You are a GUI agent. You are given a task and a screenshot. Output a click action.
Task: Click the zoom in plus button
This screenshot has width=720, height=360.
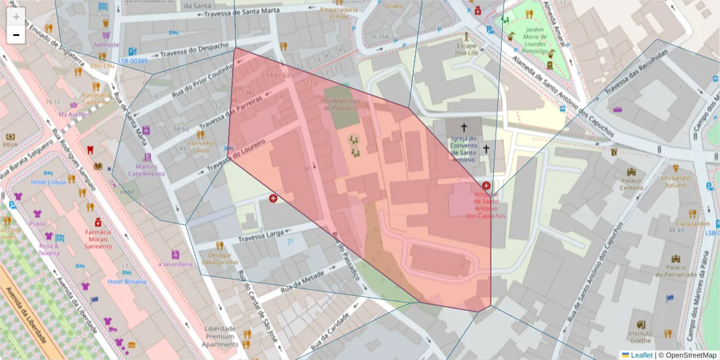16,17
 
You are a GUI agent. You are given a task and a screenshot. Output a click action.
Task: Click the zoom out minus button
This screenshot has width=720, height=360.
16,35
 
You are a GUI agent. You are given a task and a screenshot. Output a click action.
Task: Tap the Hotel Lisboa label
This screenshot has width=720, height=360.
48,182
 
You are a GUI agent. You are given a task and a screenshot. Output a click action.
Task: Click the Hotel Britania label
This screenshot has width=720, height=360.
127,281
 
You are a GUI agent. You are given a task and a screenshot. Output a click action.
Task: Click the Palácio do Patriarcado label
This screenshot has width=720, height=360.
676,271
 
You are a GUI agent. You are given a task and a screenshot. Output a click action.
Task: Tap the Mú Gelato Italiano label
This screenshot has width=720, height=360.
676,181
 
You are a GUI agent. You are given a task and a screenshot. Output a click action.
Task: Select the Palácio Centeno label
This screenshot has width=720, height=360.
631,184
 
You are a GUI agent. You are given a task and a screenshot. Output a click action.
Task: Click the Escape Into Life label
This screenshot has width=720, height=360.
467,49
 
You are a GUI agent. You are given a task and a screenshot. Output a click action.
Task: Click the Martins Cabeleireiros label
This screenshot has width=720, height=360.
146,170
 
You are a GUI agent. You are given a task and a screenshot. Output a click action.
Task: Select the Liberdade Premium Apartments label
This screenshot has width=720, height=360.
220,337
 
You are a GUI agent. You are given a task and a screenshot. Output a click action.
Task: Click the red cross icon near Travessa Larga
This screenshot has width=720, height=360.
274,197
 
